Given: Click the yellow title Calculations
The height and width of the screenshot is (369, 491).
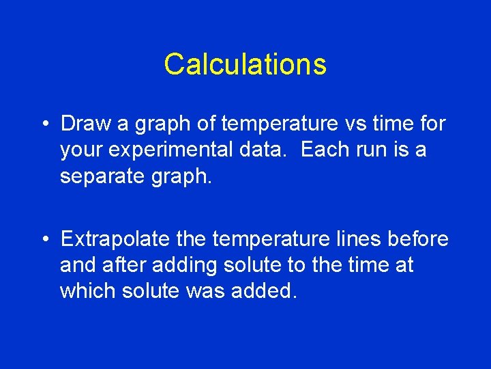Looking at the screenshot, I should tap(245, 64).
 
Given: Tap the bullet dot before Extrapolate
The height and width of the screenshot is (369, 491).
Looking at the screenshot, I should tap(44, 239).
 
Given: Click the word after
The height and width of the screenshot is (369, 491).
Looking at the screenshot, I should tap(128, 264).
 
